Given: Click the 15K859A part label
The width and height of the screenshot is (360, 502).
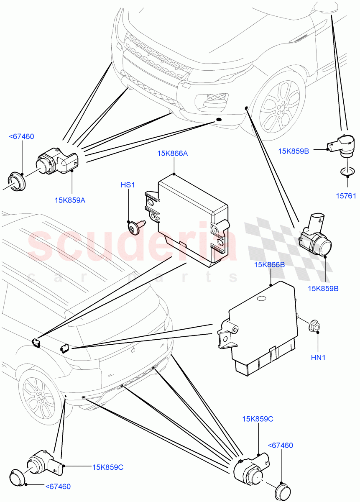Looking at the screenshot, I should point(70,200).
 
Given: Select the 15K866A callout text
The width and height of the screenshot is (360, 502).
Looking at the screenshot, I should point(172,154).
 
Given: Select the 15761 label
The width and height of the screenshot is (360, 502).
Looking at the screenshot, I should point(347,195).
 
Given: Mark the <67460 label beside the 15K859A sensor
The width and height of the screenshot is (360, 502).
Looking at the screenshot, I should point(21,136).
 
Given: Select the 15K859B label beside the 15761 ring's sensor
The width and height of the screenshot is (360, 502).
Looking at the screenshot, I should point(294,151).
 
